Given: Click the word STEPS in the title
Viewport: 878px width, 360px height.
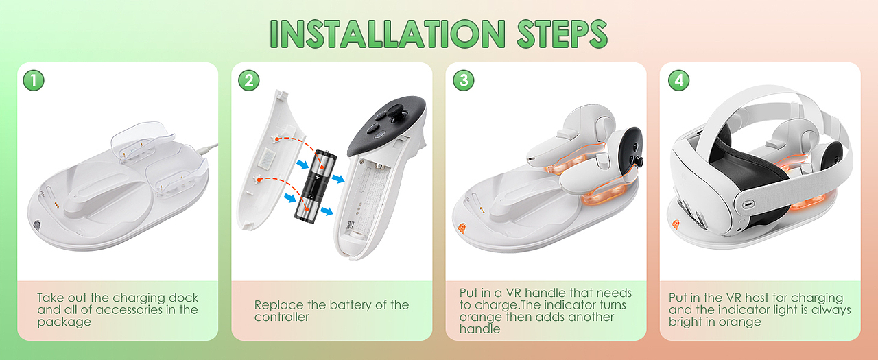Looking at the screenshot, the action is (x=562, y=34).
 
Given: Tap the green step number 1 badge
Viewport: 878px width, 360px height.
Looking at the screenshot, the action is (x=34, y=80).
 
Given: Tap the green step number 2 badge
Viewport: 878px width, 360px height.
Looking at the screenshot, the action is (x=248, y=80).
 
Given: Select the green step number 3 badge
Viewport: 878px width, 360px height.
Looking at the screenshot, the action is (x=463, y=80).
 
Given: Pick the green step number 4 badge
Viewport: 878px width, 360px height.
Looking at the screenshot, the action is (x=678, y=80).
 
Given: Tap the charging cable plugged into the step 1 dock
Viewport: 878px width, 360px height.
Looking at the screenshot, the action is (x=207, y=149).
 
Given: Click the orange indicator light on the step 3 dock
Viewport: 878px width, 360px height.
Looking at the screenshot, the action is (x=462, y=228).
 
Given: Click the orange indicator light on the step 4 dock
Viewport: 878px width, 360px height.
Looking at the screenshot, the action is (x=676, y=225).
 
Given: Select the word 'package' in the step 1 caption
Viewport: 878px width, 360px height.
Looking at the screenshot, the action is (x=64, y=322).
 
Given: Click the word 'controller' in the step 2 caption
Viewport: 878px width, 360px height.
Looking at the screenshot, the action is (x=281, y=317).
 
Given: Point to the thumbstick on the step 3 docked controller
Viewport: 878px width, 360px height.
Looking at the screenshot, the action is (x=639, y=160).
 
